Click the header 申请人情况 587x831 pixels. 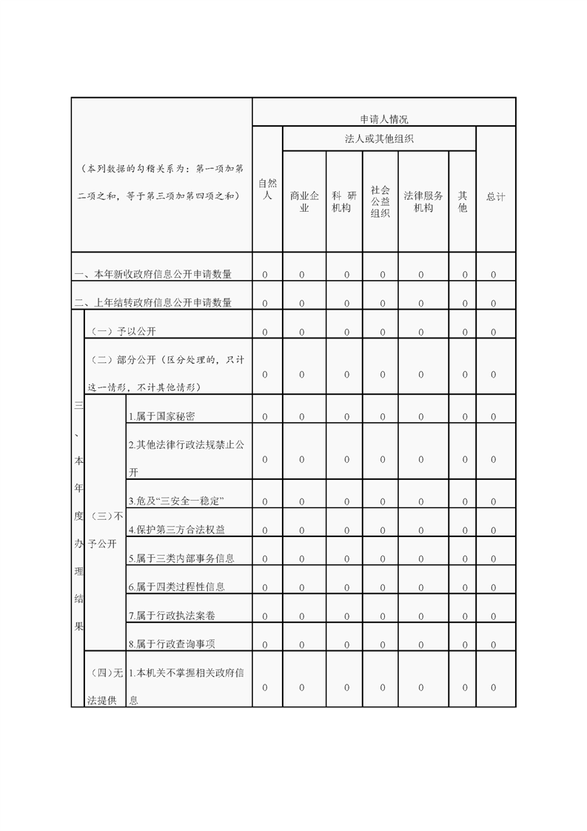383,119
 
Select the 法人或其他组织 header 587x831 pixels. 379,138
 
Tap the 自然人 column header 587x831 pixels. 267,189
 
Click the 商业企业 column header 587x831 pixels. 303,201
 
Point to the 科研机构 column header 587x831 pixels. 343,201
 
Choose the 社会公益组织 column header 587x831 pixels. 380,201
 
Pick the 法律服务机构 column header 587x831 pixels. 423,201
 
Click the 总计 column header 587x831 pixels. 495,196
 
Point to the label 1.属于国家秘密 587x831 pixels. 161,416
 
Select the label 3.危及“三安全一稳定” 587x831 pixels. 176,501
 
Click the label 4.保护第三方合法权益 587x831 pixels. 176,530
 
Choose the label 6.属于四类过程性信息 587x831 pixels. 176,587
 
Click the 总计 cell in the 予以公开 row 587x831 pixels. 494,332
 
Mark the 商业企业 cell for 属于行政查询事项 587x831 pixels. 302,644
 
